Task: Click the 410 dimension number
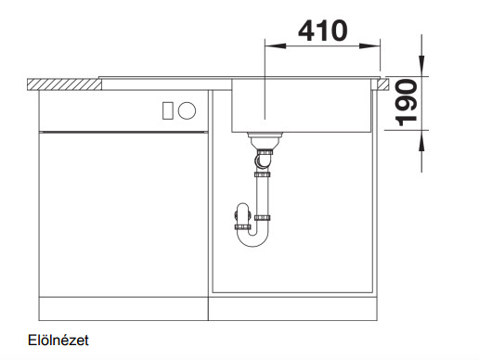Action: click(323, 31)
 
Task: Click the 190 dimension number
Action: click(407, 103)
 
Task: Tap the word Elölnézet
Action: click(58, 341)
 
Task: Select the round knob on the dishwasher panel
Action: click(187, 110)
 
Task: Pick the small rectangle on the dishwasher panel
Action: click(168, 110)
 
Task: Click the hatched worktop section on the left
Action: click(64, 84)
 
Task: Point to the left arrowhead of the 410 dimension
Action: click(276, 46)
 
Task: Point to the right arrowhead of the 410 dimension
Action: click(369, 46)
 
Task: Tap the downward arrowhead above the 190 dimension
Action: click(421, 66)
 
